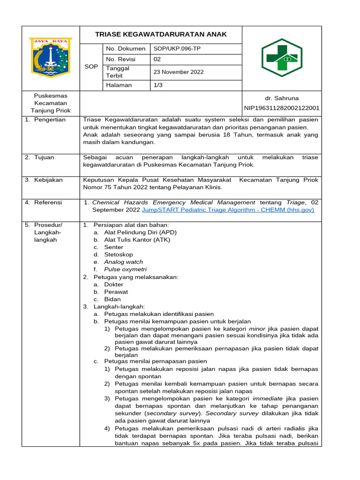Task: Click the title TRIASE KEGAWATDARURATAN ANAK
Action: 161,34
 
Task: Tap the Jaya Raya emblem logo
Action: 50,58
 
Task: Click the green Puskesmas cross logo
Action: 282,58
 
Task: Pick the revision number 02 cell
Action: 157,59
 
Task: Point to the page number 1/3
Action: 158,85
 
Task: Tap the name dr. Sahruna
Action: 281,99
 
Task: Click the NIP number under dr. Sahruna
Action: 282,108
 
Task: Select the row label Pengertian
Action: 50,120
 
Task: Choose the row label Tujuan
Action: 45,157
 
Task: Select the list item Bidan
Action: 112,299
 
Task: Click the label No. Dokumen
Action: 126,49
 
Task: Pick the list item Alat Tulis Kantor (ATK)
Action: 137,240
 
